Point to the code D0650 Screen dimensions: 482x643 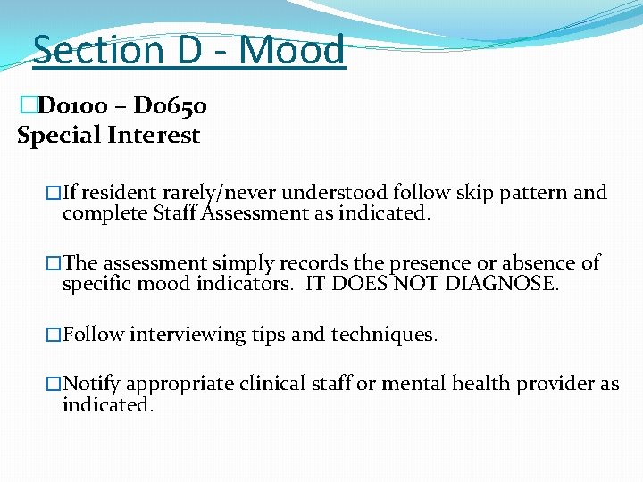(171, 108)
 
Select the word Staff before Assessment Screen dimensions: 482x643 (176, 213)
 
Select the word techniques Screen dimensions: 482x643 (383, 335)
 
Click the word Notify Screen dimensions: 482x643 (92, 384)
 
